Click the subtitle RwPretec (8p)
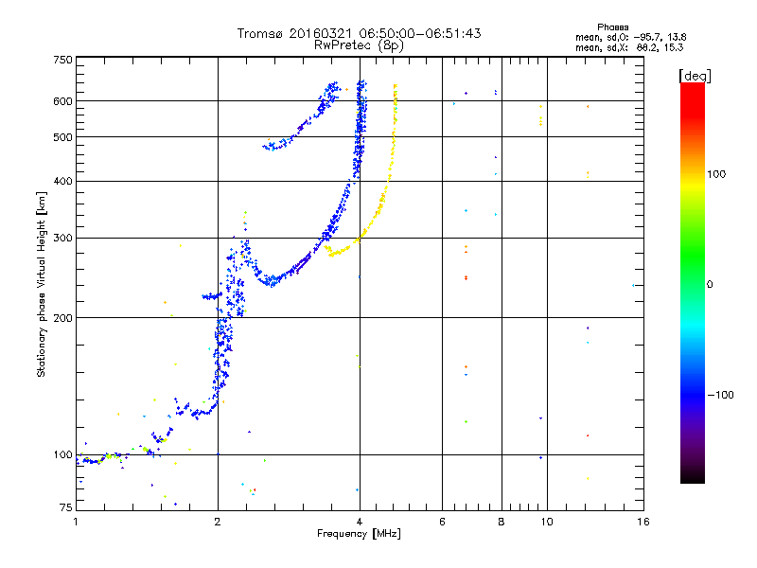tap(359, 45)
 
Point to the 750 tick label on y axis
tap(63, 60)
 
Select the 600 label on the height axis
tap(63, 101)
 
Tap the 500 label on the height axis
tap(63, 137)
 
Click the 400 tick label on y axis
tap(63, 181)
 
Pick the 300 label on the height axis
tap(63, 238)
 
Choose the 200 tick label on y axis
tap(63, 318)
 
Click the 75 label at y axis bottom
tap(66, 507)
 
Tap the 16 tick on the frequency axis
tap(643, 522)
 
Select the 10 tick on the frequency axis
tap(547, 522)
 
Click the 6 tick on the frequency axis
tap(442, 522)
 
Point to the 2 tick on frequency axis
tap(218, 522)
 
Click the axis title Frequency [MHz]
tap(359, 534)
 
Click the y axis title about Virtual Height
tap(41, 284)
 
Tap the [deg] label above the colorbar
tap(695, 76)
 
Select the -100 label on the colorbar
tap(720, 395)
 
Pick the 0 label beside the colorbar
tap(710, 284)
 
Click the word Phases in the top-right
tap(612, 27)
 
